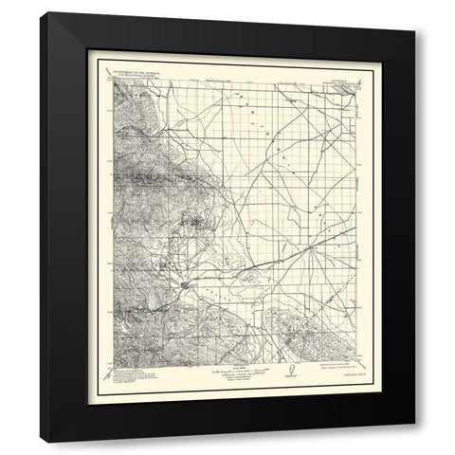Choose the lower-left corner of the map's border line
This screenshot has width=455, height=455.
[x=112, y=359]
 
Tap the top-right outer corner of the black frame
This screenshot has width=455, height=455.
[x=414, y=12]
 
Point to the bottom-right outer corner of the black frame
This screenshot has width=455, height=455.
[x=414, y=444]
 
